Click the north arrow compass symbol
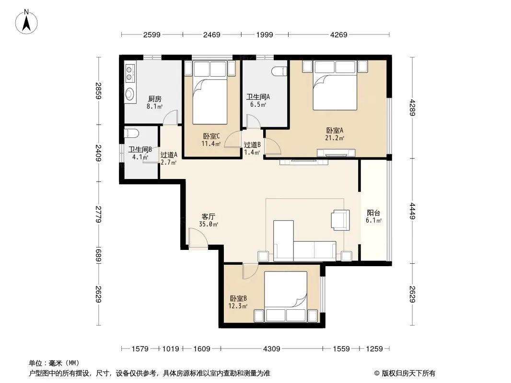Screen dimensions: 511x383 tap(26, 22)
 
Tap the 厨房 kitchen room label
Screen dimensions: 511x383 tap(155, 99)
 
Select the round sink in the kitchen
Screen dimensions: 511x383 tap(130, 94)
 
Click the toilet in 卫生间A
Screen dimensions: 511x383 tap(279, 71)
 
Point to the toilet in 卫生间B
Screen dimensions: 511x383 tap(132, 134)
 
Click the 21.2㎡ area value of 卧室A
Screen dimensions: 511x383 tap(335, 138)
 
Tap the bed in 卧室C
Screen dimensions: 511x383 tap(209, 92)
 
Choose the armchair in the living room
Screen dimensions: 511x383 tap(340, 220)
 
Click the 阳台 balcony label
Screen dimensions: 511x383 tap(373, 213)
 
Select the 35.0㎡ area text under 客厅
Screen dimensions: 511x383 tap(209, 224)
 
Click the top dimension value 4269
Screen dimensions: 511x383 tap(339, 34)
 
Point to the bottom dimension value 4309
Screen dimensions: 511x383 tap(271, 349)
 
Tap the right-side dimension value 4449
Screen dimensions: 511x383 tap(412, 211)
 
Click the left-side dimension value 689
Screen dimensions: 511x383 tap(98, 255)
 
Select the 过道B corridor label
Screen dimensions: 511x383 tap(252, 145)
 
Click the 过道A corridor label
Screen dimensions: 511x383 tap(169, 155)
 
